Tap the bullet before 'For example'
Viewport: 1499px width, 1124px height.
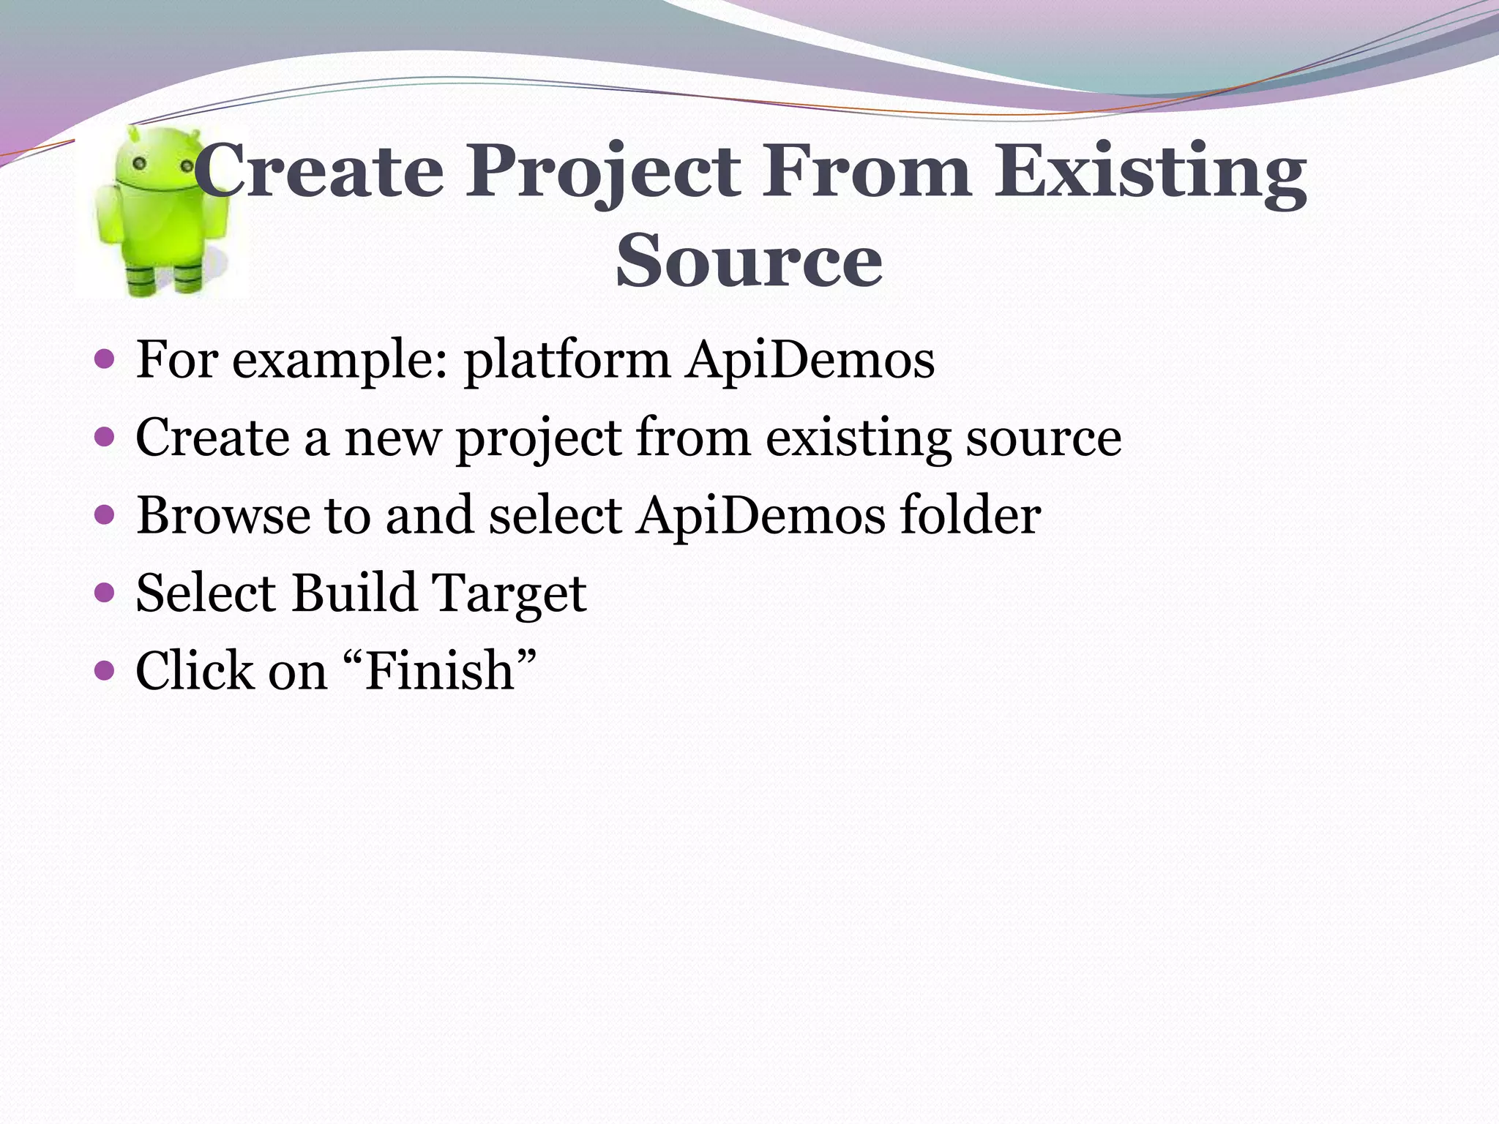[105, 359]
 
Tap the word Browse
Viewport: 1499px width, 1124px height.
[223, 515]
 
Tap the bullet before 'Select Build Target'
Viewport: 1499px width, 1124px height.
[105, 591]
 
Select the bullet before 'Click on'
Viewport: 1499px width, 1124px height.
[105, 670]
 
